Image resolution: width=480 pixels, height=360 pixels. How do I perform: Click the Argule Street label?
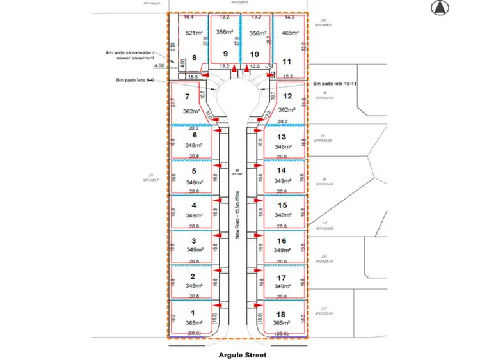click(240, 354)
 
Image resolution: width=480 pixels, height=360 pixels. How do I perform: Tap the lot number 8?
click(194, 58)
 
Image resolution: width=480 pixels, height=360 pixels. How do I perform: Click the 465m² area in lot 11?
click(289, 31)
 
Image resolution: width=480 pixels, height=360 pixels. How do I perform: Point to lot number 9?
click(224, 54)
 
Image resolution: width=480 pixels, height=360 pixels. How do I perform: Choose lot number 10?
click(255, 54)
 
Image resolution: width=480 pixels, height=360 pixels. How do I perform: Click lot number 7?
click(188, 97)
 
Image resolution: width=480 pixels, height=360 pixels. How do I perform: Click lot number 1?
click(194, 313)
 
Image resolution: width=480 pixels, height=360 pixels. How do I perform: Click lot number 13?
click(282, 136)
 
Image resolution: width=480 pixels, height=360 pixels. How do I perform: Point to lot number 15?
click(282, 205)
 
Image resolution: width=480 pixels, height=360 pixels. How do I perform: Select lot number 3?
click(194, 240)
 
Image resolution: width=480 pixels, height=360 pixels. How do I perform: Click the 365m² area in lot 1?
click(194, 324)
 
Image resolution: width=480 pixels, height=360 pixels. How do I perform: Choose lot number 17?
click(282, 277)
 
